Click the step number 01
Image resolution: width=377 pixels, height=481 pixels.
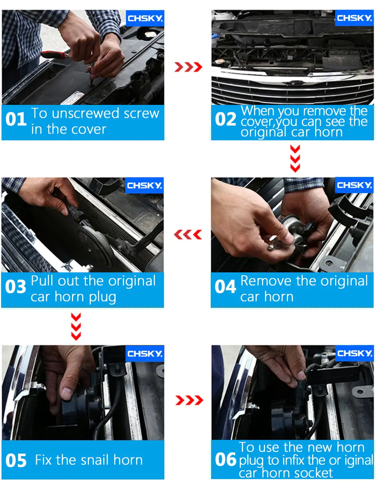(x=16, y=119)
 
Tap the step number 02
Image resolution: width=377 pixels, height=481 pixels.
(x=225, y=119)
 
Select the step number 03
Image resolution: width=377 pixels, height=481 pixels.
(x=15, y=286)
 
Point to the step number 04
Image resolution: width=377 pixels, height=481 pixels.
(x=225, y=286)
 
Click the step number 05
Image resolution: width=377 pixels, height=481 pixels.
(x=16, y=461)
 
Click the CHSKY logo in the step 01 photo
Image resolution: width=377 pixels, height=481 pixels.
(x=145, y=18)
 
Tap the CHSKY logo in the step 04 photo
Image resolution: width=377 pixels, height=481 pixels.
(x=354, y=185)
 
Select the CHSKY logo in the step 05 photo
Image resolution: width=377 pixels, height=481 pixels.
(x=145, y=353)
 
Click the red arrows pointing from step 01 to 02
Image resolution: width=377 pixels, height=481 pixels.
(x=188, y=67)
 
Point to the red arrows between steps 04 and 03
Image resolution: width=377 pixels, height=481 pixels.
(x=188, y=235)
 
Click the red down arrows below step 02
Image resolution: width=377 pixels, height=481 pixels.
(x=295, y=158)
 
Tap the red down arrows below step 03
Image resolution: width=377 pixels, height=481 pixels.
(x=76, y=326)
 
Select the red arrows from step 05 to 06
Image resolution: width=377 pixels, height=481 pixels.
(x=189, y=400)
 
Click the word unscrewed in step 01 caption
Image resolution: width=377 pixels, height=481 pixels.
(x=86, y=114)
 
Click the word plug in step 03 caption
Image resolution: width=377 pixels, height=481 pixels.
(x=103, y=297)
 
